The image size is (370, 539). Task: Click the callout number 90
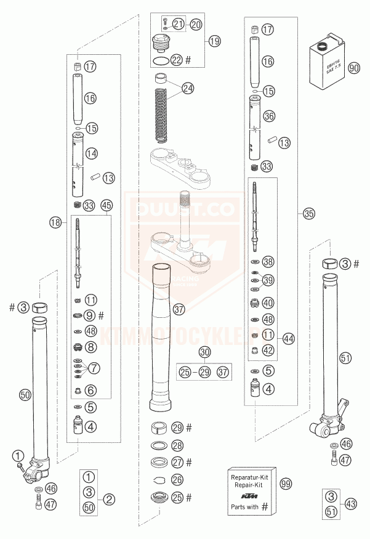click(353, 68)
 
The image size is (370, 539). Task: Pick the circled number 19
click(213, 41)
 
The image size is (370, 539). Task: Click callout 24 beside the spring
click(188, 87)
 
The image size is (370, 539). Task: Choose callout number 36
click(268, 115)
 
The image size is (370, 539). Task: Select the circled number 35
click(308, 214)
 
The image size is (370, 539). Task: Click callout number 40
click(268, 302)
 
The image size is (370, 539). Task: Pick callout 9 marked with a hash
click(91, 315)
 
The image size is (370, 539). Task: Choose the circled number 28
click(177, 445)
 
